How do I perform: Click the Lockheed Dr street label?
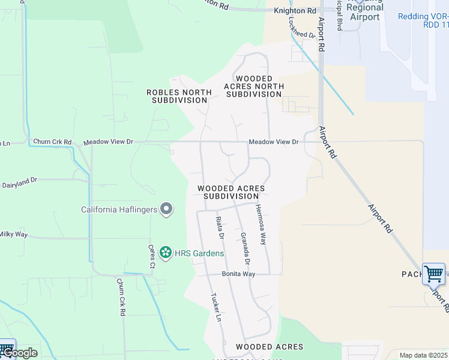(301, 27)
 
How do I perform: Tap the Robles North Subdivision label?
(179, 96)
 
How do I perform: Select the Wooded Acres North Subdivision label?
(254, 86)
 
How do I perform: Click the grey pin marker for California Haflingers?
(167, 209)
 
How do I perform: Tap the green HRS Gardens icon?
(166, 253)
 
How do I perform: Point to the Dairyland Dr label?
(19, 179)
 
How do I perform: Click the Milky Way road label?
(13, 234)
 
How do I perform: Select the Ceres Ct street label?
(152, 256)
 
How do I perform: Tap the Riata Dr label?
(219, 229)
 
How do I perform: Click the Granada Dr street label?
(245, 249)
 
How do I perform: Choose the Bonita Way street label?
(239, 274)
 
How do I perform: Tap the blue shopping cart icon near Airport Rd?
(433, 274)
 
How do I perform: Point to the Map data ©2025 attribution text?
(423, 355)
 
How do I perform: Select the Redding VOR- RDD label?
(423, 20)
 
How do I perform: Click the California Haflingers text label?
(119, 209)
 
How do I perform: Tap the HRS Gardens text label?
(199, 253)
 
